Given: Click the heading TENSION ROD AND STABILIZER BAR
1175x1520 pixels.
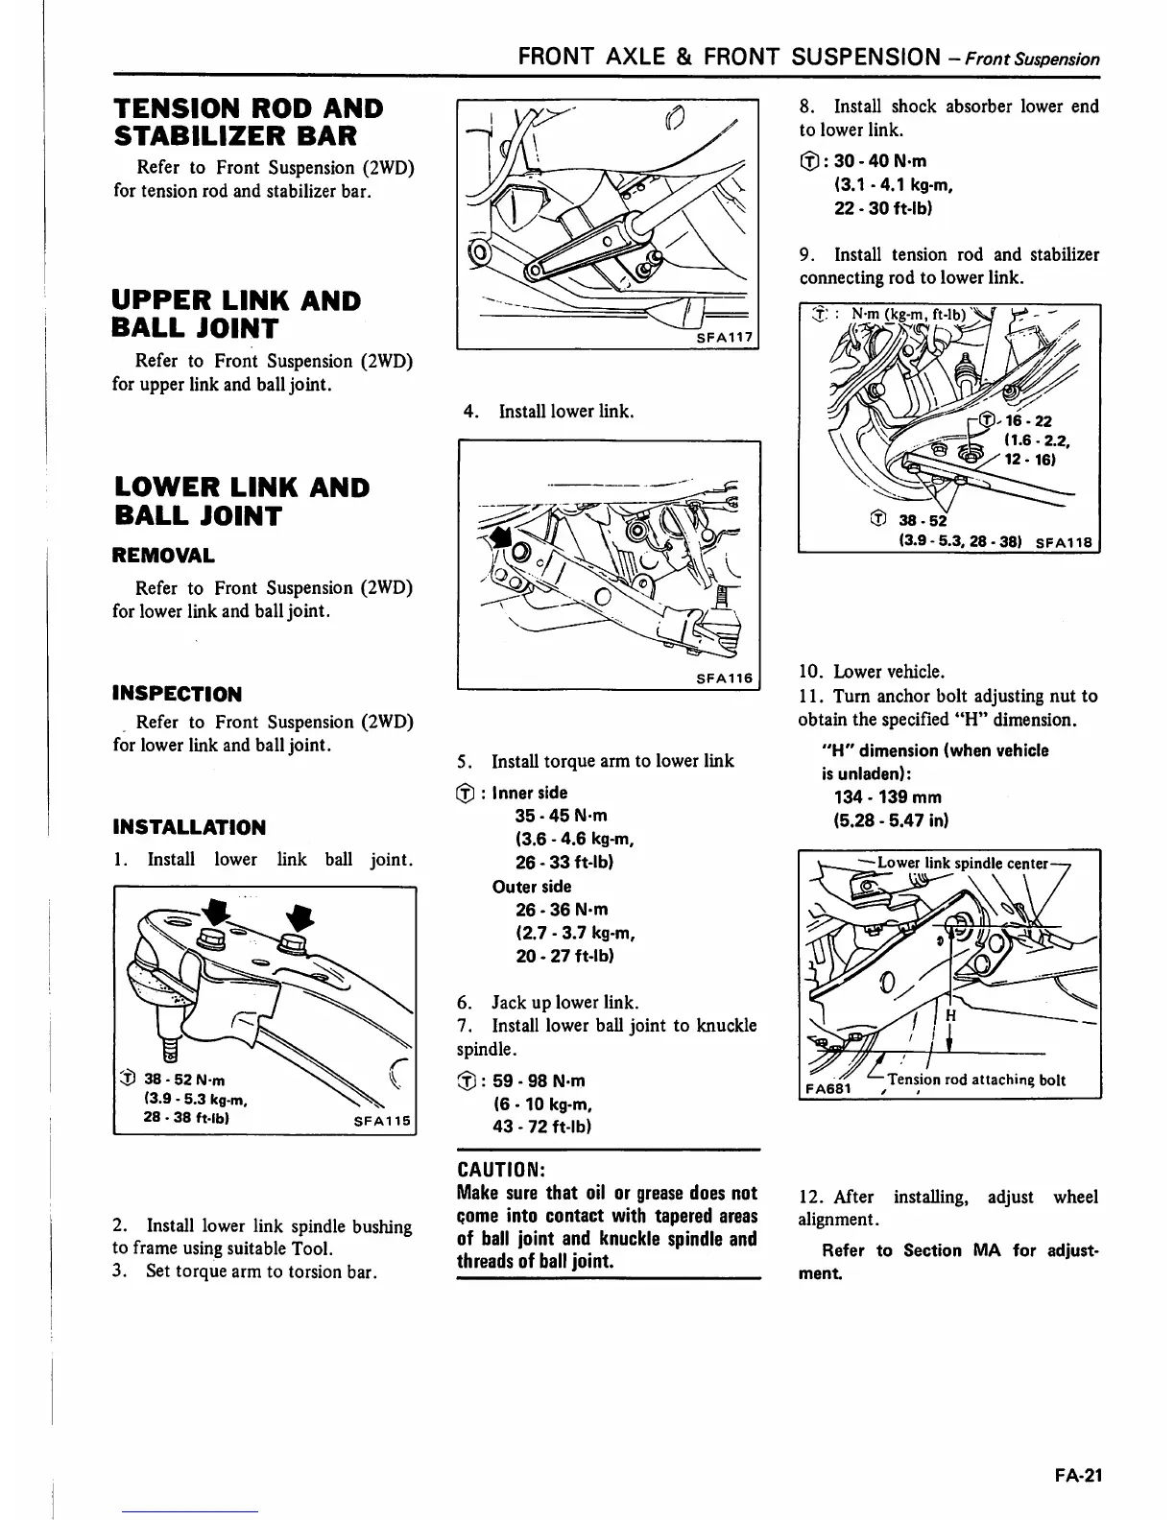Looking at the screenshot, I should pyautogui.click(x=249, y=122).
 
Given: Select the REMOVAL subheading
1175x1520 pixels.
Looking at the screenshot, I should pyautogui.click(x=163, y=556).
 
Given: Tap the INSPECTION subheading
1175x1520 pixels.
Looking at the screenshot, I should pyautogui.click(x=177, y=694).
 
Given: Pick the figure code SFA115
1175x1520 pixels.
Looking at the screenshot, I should pyautogui.click(x=382, y=1121).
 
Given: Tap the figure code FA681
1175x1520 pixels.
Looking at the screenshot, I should pyautogui.click(x=827, y=1089).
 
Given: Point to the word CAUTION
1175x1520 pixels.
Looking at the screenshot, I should pyautogui.click(x=501, y=1170).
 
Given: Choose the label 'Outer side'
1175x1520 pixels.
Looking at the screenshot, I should pyautogui.click(x=531, y=887).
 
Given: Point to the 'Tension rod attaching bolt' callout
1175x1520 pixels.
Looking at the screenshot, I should pyautogui.click(x=976, y=1080).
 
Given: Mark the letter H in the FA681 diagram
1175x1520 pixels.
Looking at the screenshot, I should pyautogui.click(x=951, y=1015).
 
